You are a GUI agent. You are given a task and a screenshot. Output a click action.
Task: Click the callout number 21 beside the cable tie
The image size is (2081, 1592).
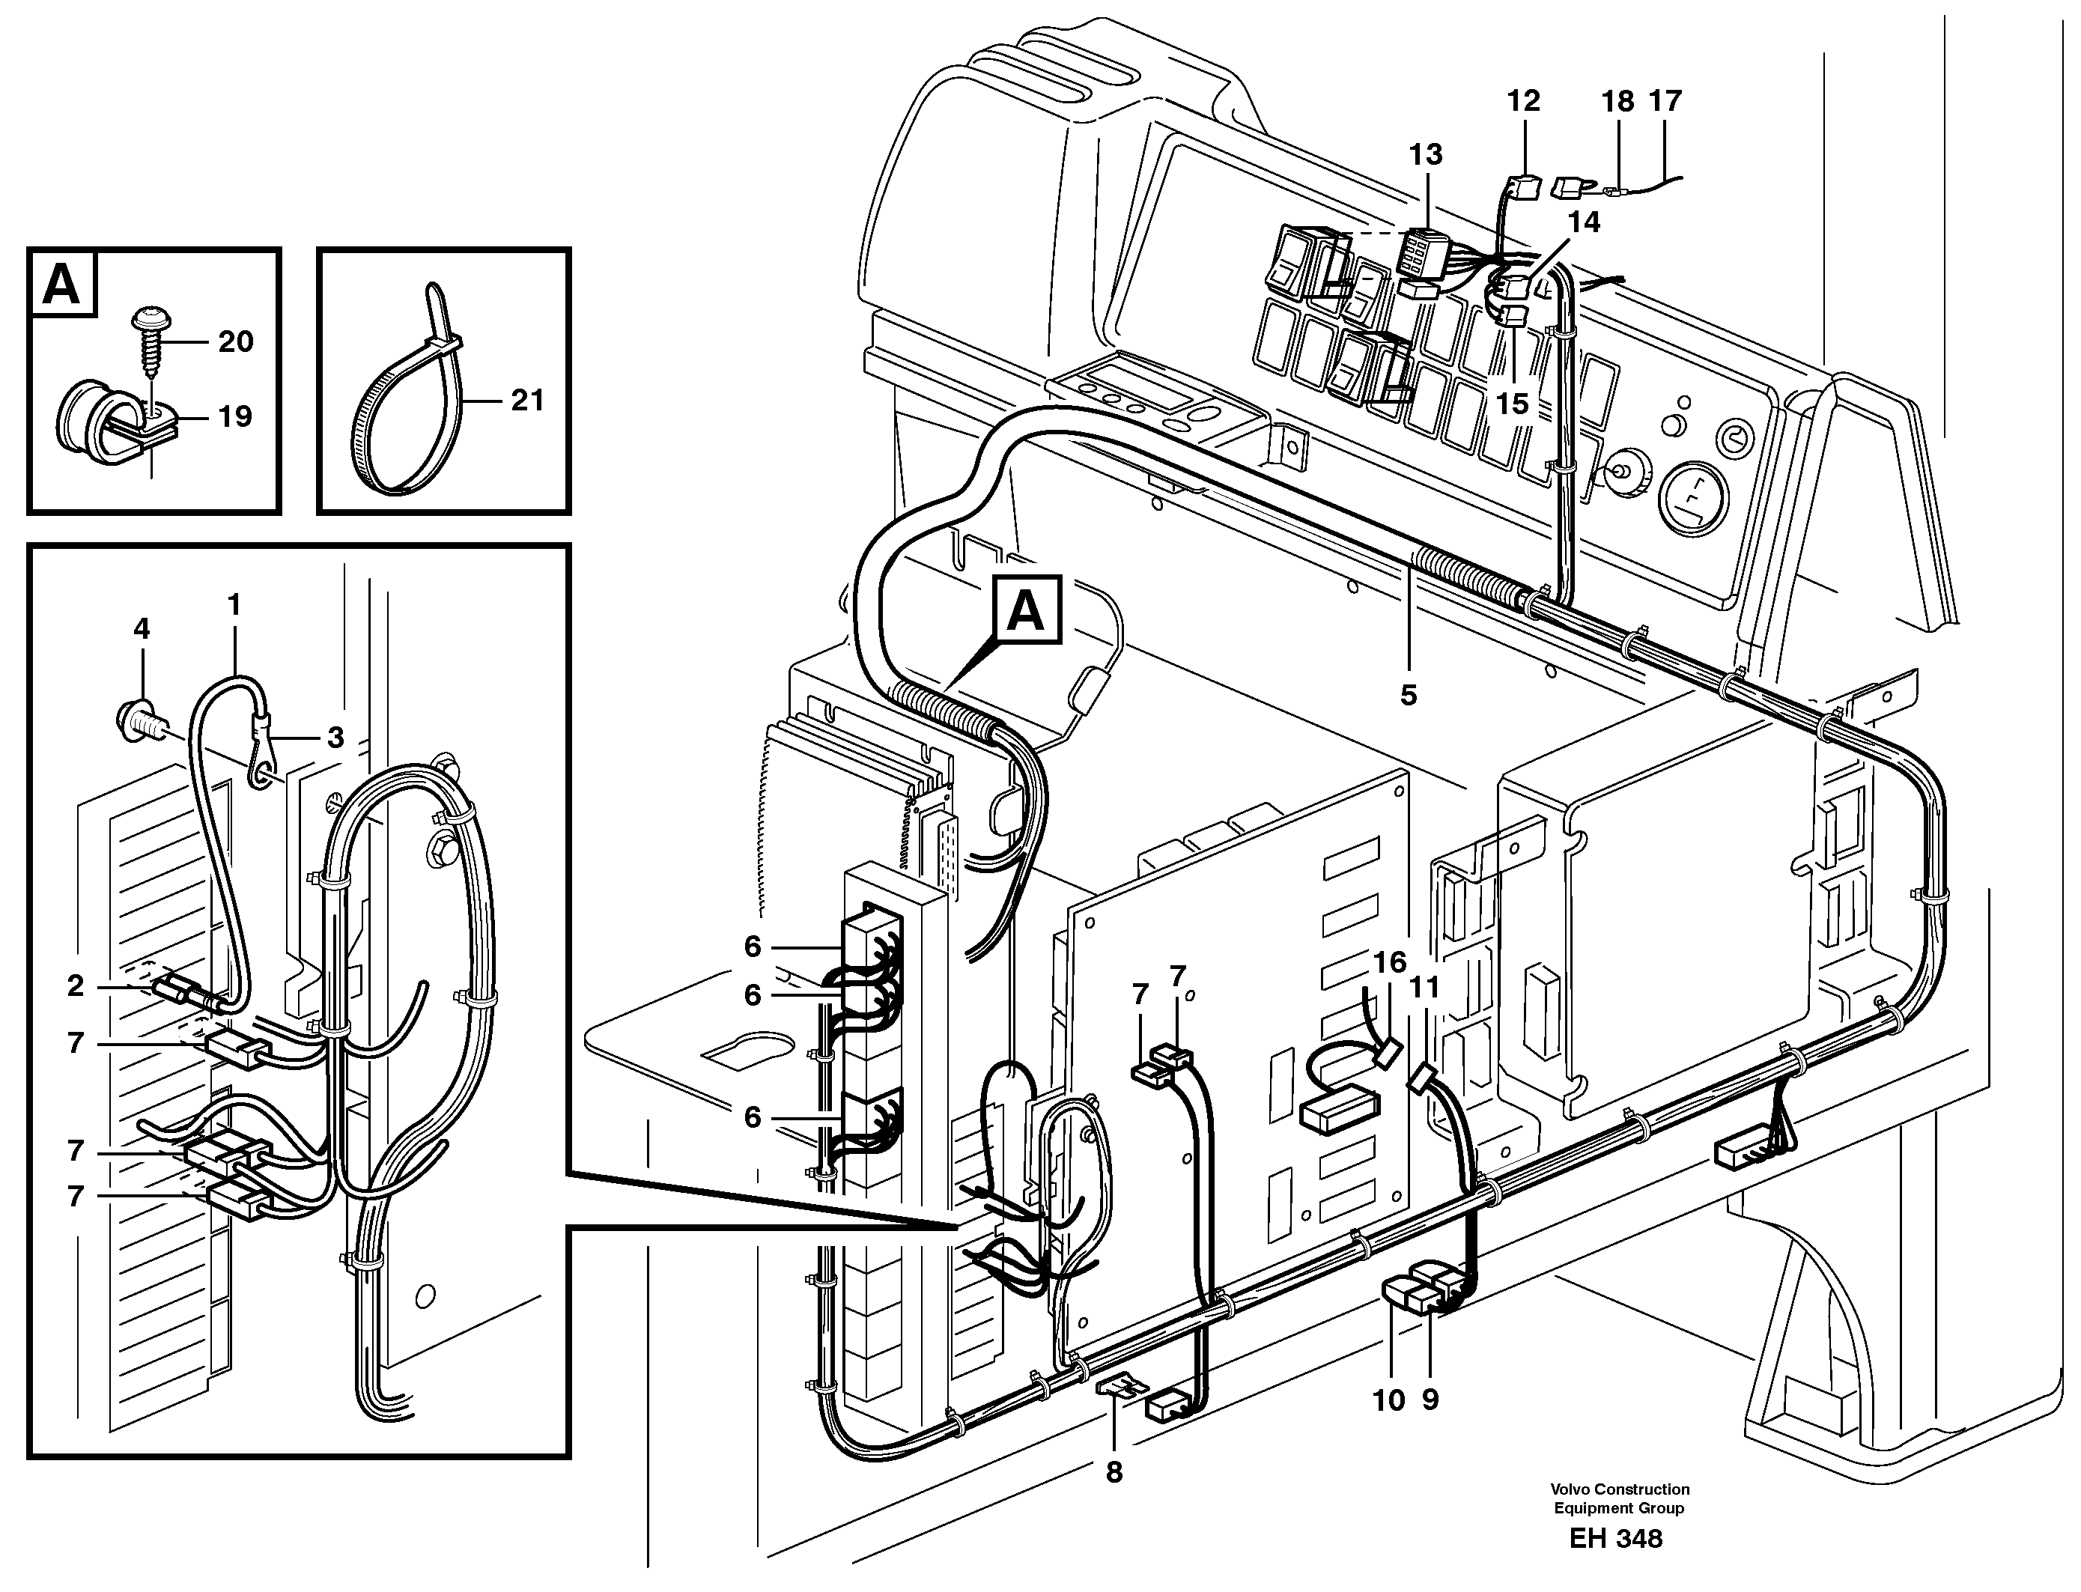[527, 401]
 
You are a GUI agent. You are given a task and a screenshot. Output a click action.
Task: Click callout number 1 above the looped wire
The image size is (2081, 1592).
[234, 604]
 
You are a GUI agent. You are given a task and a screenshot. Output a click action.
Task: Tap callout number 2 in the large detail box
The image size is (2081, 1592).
[76, 985]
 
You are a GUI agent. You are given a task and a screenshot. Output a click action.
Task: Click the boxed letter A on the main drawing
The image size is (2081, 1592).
[1027, 612]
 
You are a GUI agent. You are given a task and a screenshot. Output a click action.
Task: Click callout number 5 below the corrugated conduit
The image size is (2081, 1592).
[1409, 695]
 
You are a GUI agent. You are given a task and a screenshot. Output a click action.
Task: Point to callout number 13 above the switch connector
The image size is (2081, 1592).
[1425, 154]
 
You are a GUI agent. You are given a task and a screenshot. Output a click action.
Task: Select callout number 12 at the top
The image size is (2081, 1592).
[1524, 100]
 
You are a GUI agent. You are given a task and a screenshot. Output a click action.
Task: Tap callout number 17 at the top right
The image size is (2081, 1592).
[1665, 100]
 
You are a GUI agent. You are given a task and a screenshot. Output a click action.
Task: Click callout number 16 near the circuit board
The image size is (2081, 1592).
[1390, 963]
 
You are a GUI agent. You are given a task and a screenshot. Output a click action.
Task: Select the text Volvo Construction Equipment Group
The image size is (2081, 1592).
[1620, 1499]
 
